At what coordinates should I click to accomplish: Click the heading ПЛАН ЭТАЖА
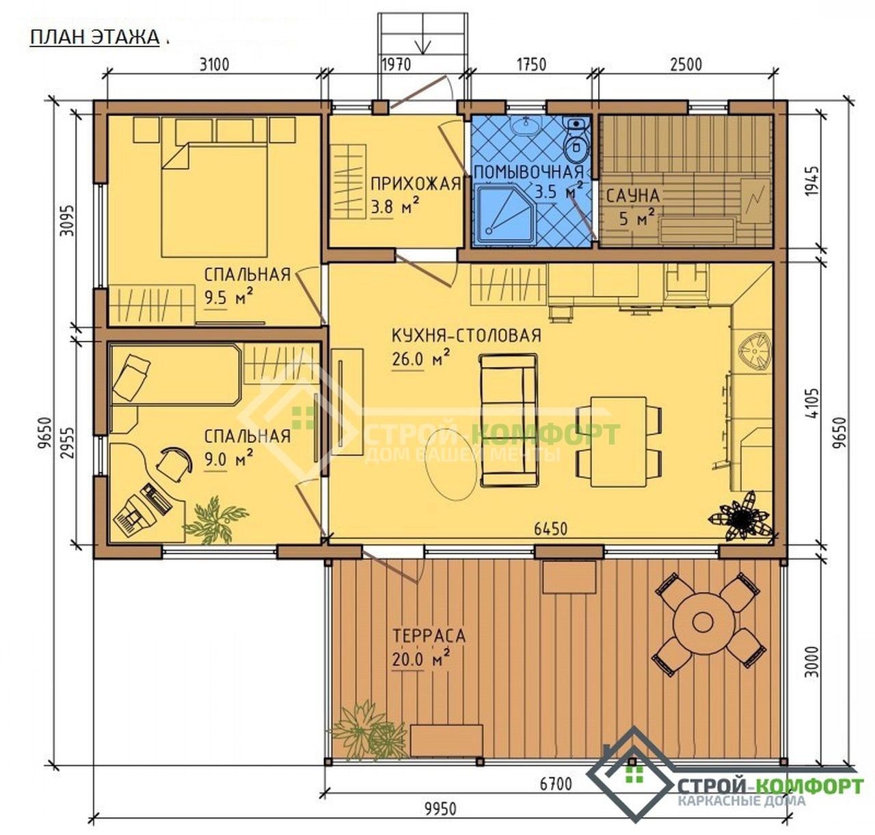point(94,38)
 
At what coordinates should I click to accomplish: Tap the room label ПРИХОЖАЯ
point(416,184)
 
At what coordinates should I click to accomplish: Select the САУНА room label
point(632,196)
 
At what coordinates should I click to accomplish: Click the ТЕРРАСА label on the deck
point(429,636)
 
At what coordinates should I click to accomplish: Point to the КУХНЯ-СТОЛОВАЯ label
point(466,336)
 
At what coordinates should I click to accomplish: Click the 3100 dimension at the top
point(214,65)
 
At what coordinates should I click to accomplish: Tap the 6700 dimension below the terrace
point(556,784)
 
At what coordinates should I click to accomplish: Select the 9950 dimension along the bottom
point(440,809)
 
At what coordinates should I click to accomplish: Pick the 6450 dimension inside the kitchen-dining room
point(551,529)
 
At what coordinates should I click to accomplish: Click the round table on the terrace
point(701,622)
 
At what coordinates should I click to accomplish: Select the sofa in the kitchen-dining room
point(509,421)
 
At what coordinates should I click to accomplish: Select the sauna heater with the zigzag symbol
point(756,200)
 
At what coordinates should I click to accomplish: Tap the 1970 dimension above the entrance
point(396,65)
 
